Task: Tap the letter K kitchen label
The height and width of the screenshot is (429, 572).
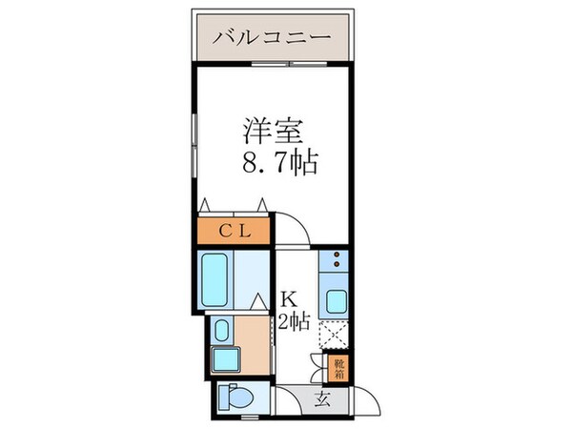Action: (286, 297)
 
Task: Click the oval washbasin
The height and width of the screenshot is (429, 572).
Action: (221, 331)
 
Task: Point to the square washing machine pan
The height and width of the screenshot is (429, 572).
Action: (225, 361)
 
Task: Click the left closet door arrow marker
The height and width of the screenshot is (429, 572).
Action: (204, 201)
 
